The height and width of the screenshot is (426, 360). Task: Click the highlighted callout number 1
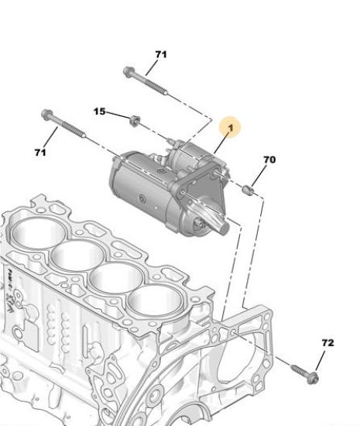pos(231,128)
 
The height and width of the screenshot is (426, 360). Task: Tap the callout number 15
pos(99,112)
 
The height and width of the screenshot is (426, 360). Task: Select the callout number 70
pos(269,160)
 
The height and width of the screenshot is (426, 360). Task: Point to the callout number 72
pos(327,343)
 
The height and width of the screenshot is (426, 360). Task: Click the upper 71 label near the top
pos(161,54)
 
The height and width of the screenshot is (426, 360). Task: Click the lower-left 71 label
pos(40,153)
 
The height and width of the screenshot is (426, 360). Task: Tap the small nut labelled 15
pos(135,120)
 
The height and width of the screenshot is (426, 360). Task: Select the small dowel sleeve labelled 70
pos(248,190)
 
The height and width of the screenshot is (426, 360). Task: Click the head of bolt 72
pos(313,378)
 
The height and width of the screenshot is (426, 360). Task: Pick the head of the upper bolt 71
pos(129,72)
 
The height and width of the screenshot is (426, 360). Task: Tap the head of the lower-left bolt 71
pos(46,115)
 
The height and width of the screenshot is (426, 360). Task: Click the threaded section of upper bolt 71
pos(156,88)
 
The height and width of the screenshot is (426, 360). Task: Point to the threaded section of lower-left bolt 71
pos(74,129)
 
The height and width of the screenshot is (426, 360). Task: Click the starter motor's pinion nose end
pos(223,228)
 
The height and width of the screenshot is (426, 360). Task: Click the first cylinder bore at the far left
pos(37,232)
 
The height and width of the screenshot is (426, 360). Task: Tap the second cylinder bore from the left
pos(78,255)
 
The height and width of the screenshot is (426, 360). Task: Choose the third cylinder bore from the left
pos(117,277)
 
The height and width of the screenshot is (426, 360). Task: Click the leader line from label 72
pos(320,362)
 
